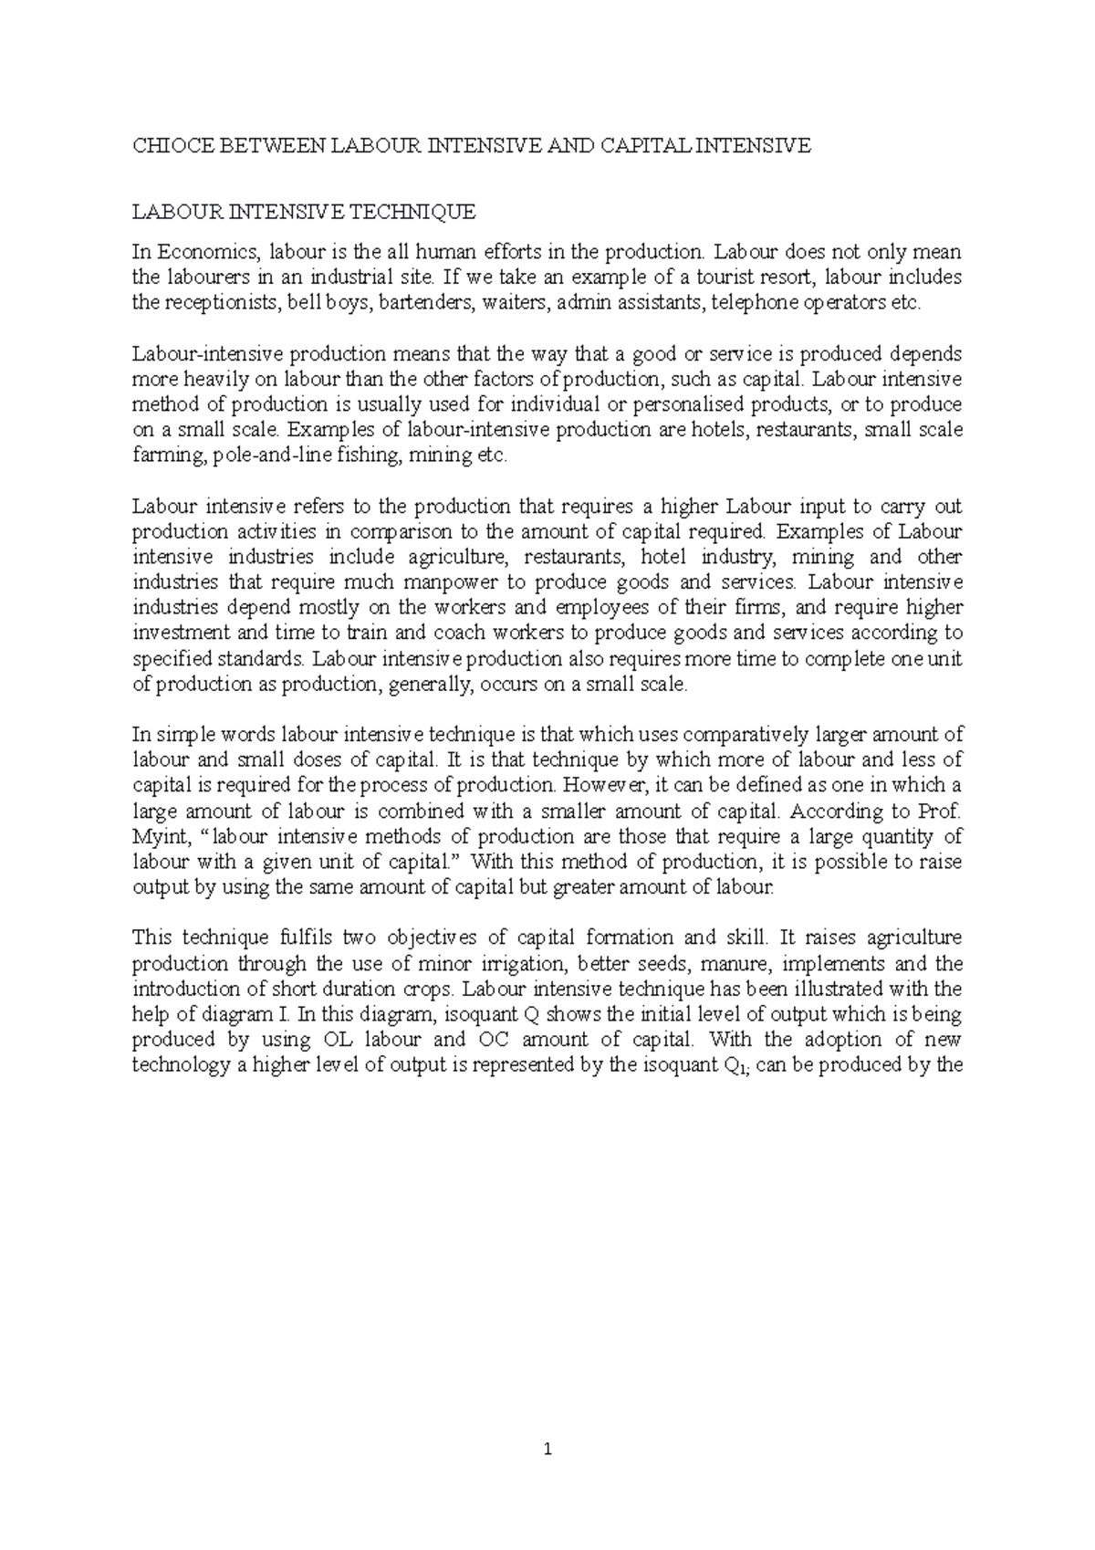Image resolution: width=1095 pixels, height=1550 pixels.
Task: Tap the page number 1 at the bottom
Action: tap(547, 1449)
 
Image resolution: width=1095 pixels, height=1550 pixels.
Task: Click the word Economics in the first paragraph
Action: tap(207, 252)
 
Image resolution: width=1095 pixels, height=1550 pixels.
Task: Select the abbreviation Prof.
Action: tap(941, 811)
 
